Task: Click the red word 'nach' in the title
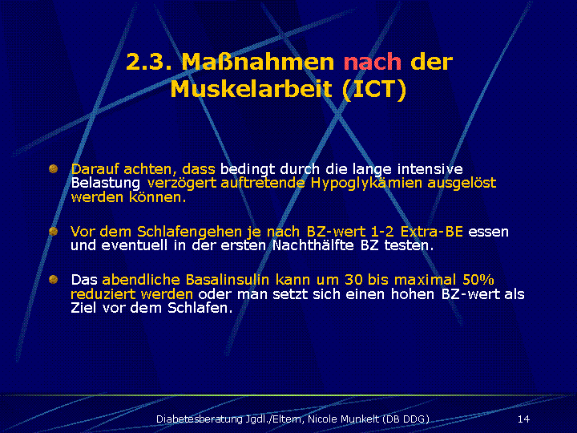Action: click(x=372, y=62)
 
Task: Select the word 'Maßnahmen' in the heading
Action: click(x=257, y=62)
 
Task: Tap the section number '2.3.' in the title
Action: click(x=149, y=62)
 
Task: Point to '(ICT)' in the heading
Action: click(x=374, y=89)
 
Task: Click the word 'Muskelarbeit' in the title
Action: click(x=252, y=89)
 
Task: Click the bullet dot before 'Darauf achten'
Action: click(x=54, y=169)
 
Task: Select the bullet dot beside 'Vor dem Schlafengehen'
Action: click(x=54, y=231)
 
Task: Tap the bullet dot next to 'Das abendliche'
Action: click(x=54, y=280)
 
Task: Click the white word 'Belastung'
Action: click(x=106, y=183)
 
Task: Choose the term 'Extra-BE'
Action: click(x=431, y=232)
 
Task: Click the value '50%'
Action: click(x=478, y=280)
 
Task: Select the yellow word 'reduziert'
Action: click(x=103, y=294)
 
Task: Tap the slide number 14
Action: click(x=523, y=419)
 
